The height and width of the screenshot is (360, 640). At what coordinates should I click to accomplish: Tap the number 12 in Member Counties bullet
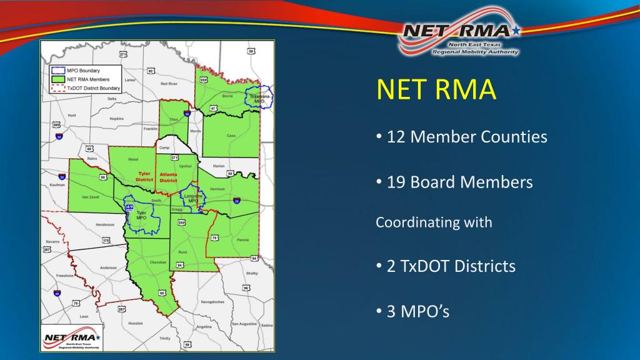pos(396,136)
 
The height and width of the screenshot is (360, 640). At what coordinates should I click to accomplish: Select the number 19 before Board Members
pos(396,182)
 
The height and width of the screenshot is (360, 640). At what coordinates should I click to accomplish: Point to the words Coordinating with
pos(434,222)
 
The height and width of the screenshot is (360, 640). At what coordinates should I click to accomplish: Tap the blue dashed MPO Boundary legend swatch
pos(56,71)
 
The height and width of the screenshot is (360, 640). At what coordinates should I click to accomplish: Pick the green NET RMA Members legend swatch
pos(56,79)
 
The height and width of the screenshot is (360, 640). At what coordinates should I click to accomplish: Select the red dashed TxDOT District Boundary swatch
pos(56,88)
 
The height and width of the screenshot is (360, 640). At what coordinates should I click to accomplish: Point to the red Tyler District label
pos(144,177)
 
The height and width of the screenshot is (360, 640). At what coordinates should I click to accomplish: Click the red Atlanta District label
pos(168,177)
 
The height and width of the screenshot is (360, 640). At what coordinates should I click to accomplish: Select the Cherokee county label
pos(159,262)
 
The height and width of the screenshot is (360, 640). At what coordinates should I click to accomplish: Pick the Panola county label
pos(243,240)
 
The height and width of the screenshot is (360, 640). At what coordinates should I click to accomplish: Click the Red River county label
pos(169,83)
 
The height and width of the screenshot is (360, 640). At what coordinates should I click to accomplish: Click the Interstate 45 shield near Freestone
pos(57,292)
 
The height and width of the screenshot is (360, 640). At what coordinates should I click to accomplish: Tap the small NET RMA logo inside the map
pos(71,341)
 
